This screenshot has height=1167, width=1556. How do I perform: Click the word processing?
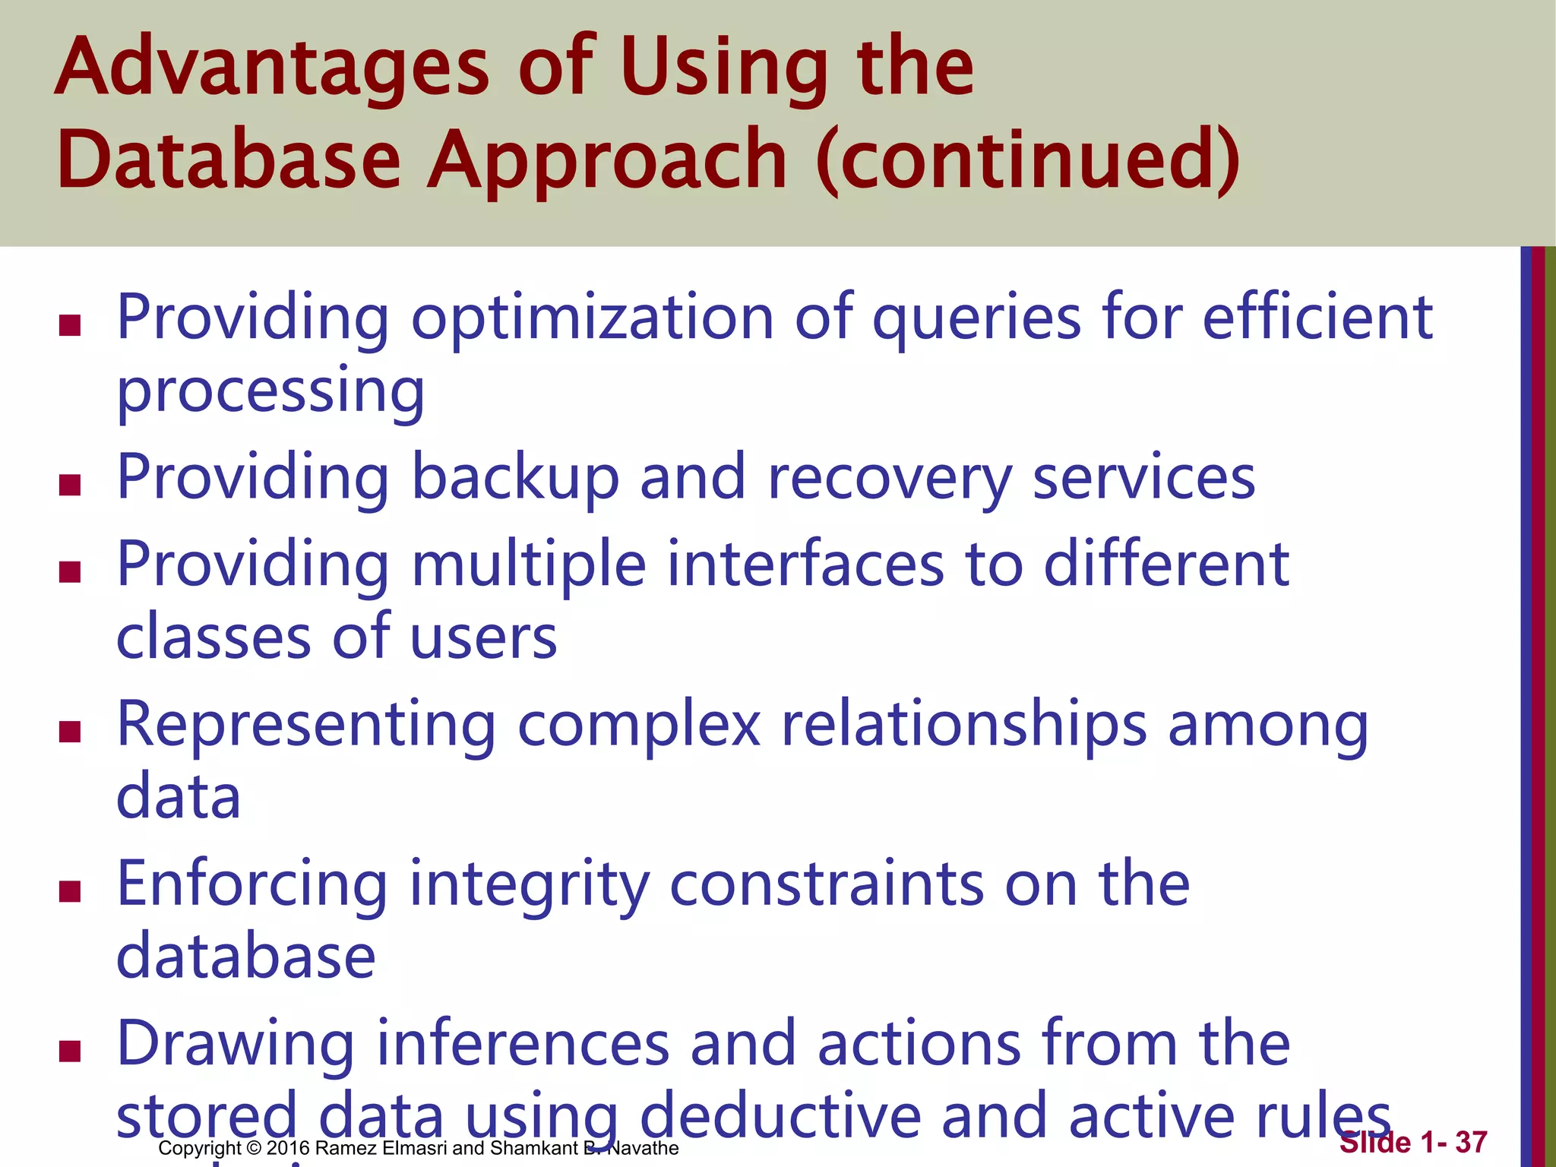click(270, 392)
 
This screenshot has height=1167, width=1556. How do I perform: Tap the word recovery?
click(890, 479)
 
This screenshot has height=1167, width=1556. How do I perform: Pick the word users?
click(483, 637)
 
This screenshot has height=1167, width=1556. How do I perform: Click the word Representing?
click(306, 726)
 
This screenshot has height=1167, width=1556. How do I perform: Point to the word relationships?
click(963, 726)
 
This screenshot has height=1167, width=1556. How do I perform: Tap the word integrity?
click(530, 886)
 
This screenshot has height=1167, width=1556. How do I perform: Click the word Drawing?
click(236, 1045)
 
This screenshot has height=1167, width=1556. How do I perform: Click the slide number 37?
click(1471, 1142)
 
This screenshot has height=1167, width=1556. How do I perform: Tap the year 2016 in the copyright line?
click(288, 1148)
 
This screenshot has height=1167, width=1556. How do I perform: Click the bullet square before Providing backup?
click(70, 485)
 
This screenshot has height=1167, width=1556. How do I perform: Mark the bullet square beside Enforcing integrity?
click(70, 891)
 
